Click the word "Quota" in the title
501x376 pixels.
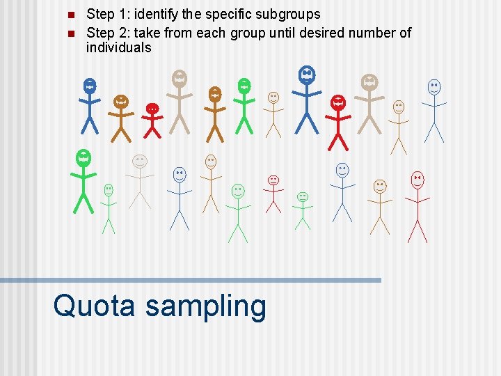[x=94, y=306]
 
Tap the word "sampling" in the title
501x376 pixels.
[x=205, y=307]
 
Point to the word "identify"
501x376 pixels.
[x=154, y=14]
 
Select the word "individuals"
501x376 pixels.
[x=118, y=47]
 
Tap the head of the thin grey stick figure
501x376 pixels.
[x=140, y=162]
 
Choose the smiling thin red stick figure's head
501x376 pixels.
[x=417, y=180]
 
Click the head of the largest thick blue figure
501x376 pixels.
[x=306, y=74]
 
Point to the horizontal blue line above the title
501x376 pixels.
[x=191, y=280]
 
